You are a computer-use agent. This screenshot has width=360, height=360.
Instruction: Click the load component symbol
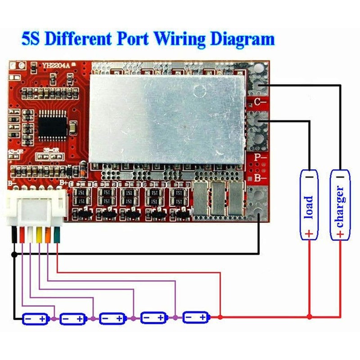[309, 205]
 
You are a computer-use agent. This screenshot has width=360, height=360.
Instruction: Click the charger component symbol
[340, 205]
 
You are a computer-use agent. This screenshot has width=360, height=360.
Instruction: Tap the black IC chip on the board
[53, 125]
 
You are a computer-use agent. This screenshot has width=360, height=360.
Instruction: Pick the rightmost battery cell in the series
[196, 317]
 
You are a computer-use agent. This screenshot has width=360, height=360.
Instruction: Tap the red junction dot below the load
[309, 317]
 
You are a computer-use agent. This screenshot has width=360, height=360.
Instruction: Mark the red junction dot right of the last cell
[220, 317]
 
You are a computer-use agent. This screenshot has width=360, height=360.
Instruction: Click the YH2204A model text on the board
[56, 66]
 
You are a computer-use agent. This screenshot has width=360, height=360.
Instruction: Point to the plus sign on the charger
[340, 234]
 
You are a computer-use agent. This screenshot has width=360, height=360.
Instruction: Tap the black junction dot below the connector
[14, 255]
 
